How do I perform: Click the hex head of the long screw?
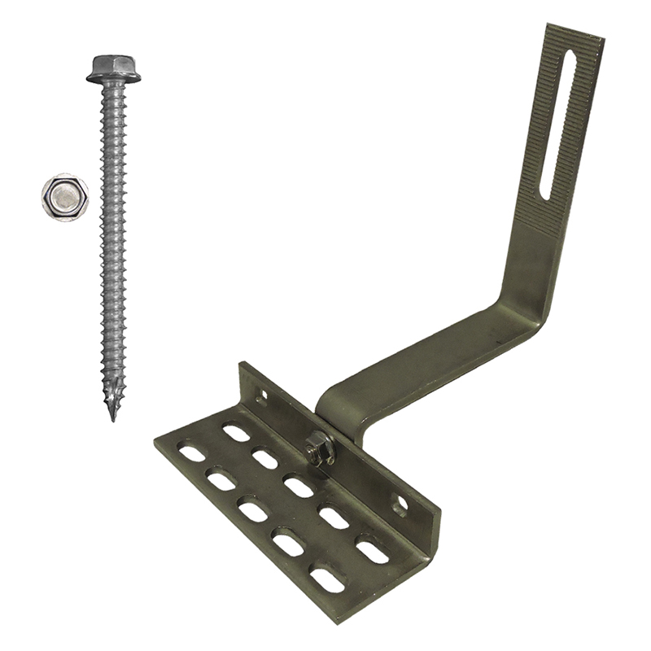coord(113,68)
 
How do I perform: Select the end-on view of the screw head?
coord(65,196)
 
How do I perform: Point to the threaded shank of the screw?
coord(113,244)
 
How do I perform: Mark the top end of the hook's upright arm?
coord(574,33)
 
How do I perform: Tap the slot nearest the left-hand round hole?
coord(236,433)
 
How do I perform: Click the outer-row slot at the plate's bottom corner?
coord(327,580)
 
